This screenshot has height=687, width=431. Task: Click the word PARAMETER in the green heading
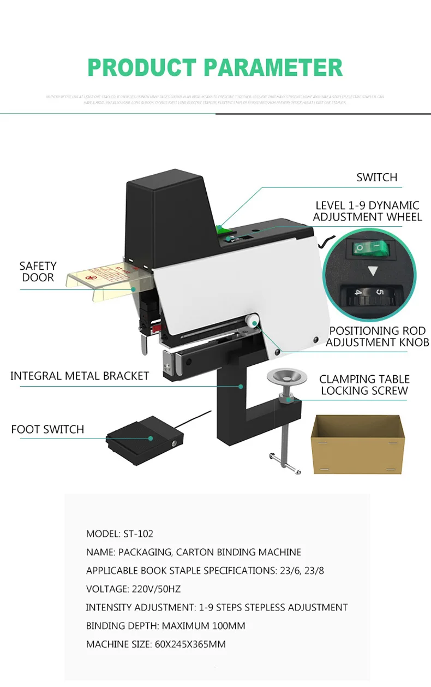[x=273, y=68]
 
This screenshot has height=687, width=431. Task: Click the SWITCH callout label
[x=376, y=177]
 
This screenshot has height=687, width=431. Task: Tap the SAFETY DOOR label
[x=38, y=271]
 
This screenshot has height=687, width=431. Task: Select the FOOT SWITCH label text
[x=47, y=429]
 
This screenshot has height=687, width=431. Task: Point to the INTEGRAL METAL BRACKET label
[x=80, y=376]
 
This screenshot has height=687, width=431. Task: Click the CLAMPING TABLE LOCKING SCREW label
[x=364, y=384]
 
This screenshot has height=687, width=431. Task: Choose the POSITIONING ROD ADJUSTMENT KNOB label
[x=378, y=336]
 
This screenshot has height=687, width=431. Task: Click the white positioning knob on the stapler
[x=252, y=322]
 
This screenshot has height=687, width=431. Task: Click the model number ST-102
[x=135, y=534]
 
